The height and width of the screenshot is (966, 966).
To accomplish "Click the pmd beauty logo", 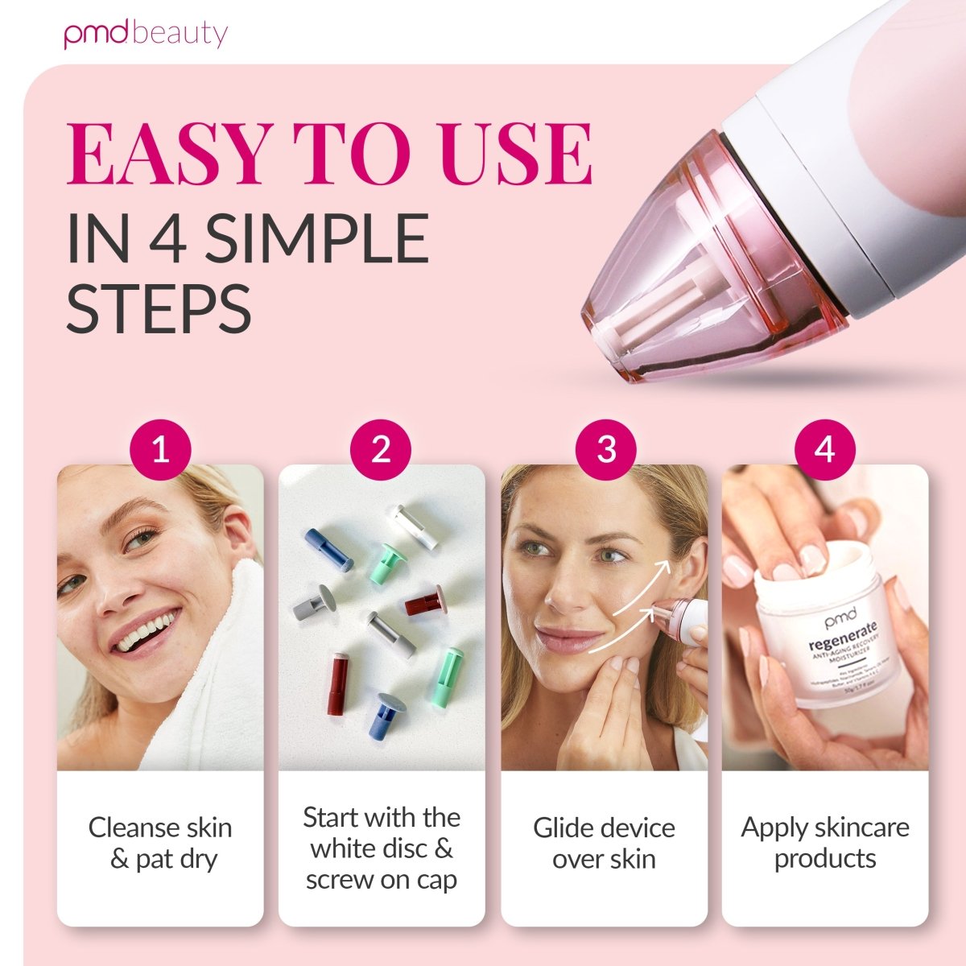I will [146, 35].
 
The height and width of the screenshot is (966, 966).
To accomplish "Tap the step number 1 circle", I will [160, 449].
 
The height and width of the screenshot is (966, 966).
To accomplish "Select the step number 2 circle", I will [381, 449].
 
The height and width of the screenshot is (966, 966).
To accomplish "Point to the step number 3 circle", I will [606, 449].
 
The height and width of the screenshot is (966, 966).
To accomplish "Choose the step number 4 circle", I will [825, 449].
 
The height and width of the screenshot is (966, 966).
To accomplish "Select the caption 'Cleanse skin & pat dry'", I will [160, 843].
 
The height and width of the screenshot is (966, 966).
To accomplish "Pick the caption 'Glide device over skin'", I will [604, 843].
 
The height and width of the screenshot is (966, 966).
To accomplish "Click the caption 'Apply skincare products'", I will [825, 843].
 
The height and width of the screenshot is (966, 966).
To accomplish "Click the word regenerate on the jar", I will [833, 630].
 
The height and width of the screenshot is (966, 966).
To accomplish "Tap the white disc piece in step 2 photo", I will [415, 527].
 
